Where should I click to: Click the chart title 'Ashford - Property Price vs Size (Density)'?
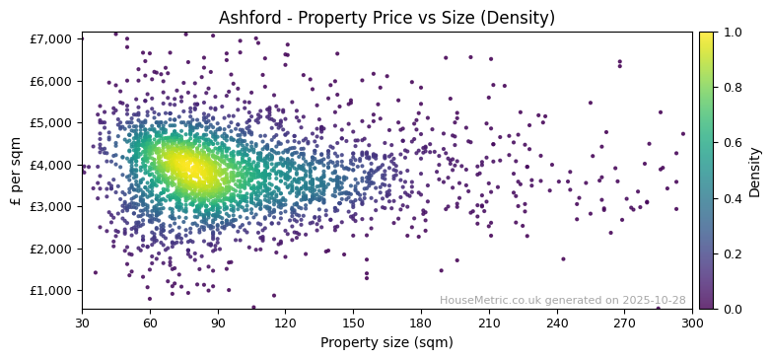(x=386, y=18)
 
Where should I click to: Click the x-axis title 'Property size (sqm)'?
(x=386, y=342)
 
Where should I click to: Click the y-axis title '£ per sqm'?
(x=16, y=171)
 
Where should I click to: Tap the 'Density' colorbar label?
(x=754, y=171)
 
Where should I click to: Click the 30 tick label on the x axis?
(x=82, y=323)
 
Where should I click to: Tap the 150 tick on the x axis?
(x=353, y=323)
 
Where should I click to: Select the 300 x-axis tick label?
(x=692, y=323)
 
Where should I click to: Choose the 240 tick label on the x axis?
(x=557, y=323)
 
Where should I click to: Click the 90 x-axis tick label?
(x=218, y=323)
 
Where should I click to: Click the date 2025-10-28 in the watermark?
(x=654, y=301)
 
